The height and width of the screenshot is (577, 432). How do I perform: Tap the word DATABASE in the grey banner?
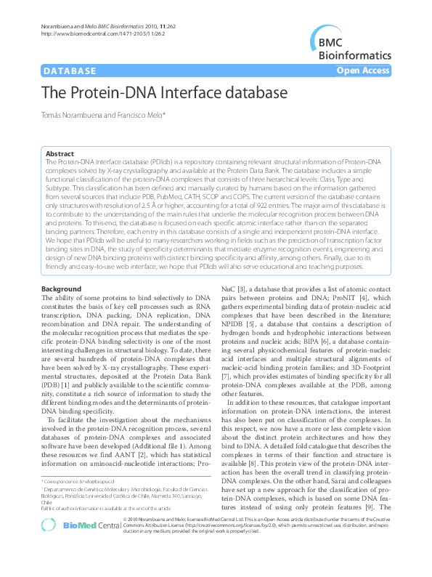tap(70, 71)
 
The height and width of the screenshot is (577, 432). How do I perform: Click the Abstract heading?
tap(60, 153)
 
